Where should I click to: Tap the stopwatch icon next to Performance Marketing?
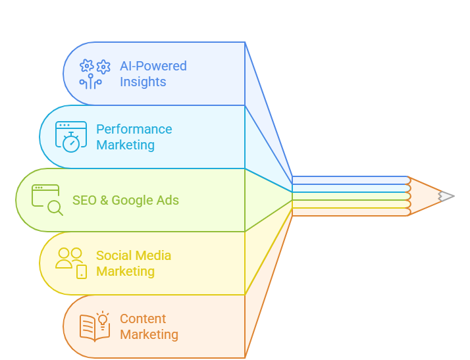tap(71, 137)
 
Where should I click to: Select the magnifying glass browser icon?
tap(48, 199)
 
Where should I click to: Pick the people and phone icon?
tap(71, 262)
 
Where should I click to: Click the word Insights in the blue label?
tap(143, 82)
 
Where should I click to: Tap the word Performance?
tap(134, 129)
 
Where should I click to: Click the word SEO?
tap(84, 200)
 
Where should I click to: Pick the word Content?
tap(143, 319)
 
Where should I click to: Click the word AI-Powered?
tap(153, 66)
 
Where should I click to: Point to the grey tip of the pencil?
tap(447, 196)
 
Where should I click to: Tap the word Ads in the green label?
tap(167, 200)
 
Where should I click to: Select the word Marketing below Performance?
tap(125, 145)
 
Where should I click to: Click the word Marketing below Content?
tap(149, 334)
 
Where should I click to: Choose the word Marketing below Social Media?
tap(125, 271)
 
